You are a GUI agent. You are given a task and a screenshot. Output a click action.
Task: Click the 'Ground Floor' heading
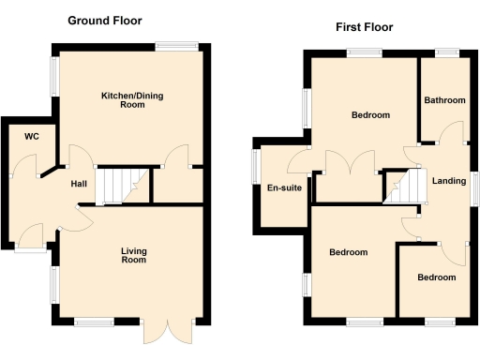[x=105, y=20]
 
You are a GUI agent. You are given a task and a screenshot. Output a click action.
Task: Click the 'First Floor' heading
[x=364, y=27]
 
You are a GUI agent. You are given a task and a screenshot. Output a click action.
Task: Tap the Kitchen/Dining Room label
[x=130, y=100]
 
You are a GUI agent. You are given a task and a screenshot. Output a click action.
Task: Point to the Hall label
[x=80, y=184]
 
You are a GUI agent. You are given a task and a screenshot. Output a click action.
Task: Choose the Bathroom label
[x=443, y=100]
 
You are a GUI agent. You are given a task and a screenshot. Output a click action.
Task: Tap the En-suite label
[x=282, y=187]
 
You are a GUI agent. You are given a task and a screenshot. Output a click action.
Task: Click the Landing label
[x=449, y=180]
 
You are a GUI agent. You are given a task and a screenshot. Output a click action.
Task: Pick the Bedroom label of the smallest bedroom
[x=437, y=277]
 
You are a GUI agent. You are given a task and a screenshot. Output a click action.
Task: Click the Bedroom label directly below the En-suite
[x=348, y=252]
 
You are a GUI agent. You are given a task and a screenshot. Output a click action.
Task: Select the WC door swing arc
[x=45, y=169]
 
